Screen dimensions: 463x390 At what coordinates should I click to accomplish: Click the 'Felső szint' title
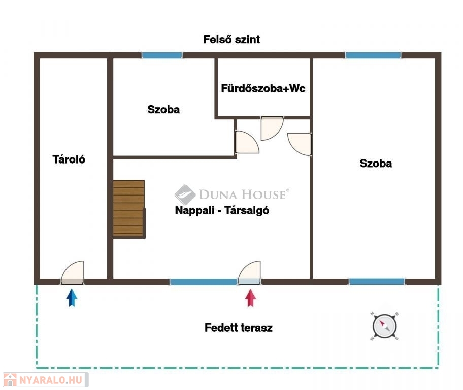click(231, 39)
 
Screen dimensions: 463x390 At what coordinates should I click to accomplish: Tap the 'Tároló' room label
click(69, 159)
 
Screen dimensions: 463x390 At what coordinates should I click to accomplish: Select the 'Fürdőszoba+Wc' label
click(263, 88)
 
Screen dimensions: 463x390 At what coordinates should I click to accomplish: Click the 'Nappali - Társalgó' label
click(222, 210)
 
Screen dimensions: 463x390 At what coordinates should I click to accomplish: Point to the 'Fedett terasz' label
click(239, 328)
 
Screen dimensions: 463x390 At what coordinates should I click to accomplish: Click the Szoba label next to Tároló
click(163, 109)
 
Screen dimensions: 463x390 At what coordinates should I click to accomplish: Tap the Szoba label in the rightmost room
click(376, 163)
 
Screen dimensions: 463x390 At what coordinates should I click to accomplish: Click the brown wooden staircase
click(129, 209)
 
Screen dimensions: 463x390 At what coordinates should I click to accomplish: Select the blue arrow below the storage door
click(72, 298)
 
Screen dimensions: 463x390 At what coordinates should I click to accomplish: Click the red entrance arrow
click(250, 298)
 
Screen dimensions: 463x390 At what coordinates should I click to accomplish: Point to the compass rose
click(384, 326)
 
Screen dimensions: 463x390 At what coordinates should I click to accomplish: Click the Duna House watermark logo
click(232, 194)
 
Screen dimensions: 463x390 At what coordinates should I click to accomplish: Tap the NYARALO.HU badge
click(46, 380)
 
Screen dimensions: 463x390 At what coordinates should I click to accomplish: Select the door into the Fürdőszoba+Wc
click(272, 128)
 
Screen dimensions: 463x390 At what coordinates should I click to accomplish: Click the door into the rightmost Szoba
click(300, 144)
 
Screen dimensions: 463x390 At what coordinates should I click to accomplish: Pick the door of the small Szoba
click(247, 142)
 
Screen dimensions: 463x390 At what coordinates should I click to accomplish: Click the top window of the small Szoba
click(162, 55)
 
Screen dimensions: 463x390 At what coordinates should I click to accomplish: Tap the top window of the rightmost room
click(373, 55)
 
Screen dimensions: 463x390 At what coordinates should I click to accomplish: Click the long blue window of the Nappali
click(204, 282)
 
